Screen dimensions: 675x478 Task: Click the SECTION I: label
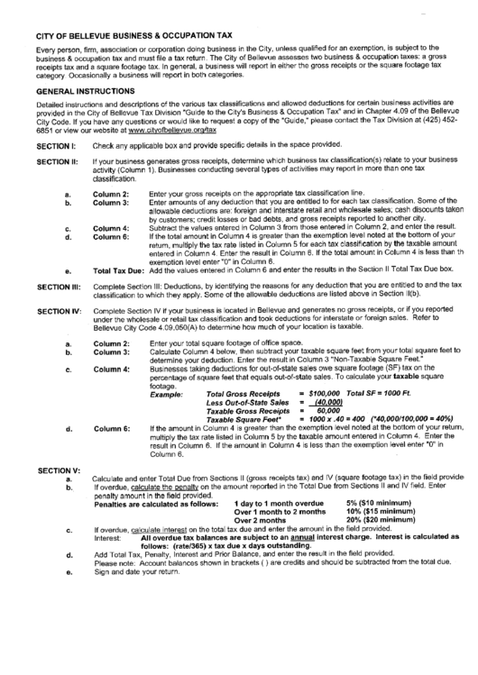coord(56,146)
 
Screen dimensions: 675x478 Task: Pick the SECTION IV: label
coord(58,310)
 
